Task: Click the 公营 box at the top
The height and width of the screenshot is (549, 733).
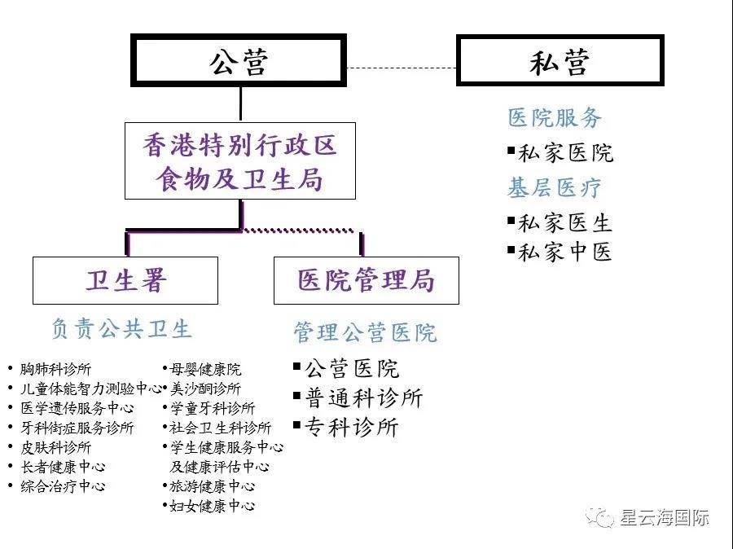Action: [239, 59]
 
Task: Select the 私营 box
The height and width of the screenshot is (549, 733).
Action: [559, 60]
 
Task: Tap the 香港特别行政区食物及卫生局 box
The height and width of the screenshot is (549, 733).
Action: [239, 161]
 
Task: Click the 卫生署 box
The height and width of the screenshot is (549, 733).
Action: [125, 280]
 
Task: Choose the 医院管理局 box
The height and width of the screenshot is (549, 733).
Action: [366, 280]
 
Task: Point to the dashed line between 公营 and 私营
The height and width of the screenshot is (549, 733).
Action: [401, 68]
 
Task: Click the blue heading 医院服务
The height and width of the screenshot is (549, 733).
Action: [555, 118]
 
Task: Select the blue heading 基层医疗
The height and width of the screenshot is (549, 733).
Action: [555, 188]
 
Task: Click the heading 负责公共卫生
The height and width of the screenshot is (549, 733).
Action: [121, 328]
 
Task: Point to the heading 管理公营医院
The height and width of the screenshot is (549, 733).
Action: [365, 332]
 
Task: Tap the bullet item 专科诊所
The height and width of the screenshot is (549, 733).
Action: [351, 427]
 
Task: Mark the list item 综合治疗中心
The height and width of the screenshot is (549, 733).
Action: [63, 486]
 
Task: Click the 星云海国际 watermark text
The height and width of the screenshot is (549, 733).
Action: [664, 517]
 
